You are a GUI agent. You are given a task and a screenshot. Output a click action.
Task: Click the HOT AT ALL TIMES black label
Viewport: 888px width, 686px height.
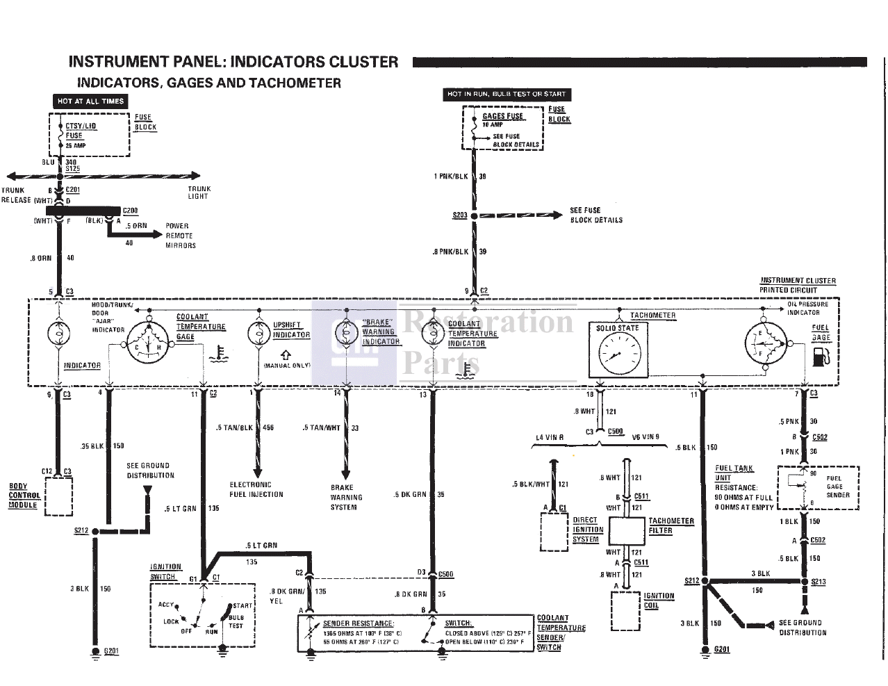90,101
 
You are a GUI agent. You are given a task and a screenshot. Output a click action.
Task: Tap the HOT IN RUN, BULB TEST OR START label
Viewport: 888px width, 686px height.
507,94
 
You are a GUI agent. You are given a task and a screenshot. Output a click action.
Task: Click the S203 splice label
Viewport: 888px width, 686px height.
459,215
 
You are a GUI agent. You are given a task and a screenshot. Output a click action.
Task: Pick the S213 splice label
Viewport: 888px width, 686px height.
818,582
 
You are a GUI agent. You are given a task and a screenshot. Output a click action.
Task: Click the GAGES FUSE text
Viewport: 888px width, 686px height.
502,116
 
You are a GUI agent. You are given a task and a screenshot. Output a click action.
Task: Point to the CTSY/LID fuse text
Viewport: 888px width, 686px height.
81,126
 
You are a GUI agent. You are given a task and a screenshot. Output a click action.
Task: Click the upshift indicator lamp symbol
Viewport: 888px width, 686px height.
258,333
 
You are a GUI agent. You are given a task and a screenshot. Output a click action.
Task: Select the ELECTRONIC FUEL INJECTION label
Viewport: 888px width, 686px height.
256,489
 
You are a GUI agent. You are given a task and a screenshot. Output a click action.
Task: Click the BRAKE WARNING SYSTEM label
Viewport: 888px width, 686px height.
346,497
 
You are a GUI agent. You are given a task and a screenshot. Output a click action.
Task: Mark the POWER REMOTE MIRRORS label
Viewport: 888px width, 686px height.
181,236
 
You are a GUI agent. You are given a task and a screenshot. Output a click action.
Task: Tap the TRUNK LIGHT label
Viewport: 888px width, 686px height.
199,193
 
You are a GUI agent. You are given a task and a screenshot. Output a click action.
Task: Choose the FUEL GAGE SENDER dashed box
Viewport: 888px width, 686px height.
818,487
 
